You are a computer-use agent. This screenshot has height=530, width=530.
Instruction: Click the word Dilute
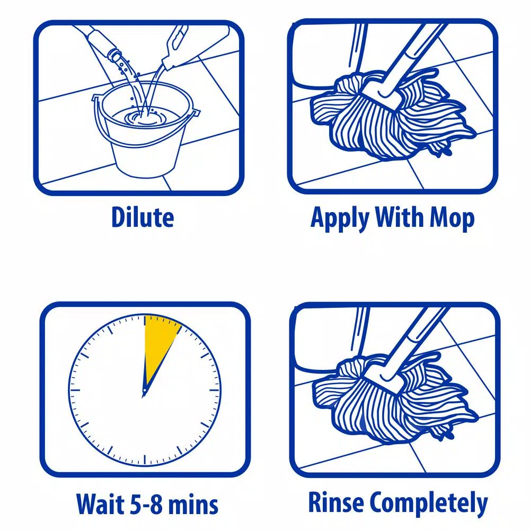142,217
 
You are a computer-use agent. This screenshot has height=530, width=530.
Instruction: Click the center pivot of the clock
144,393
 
